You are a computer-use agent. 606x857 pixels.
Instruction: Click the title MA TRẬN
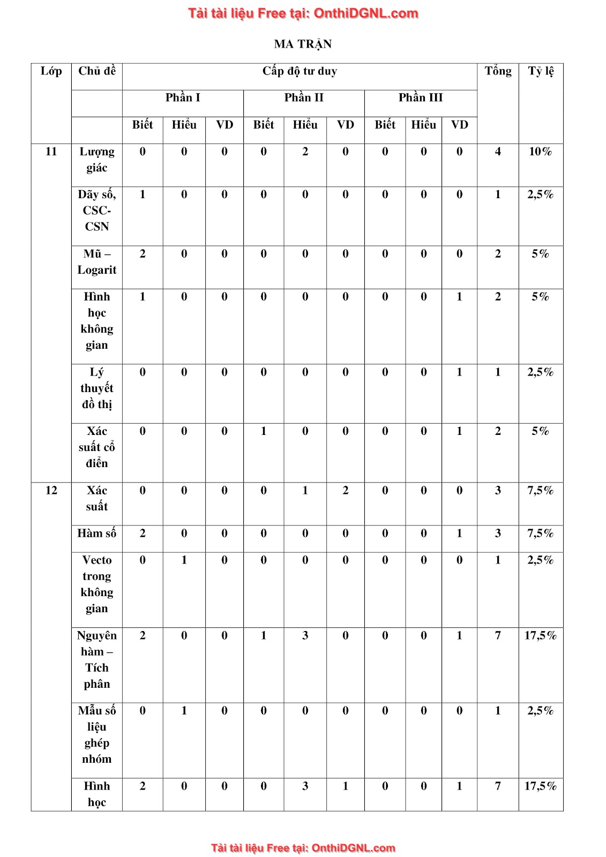(x=303, y=44)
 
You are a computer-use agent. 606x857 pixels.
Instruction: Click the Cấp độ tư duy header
(x=300, y=71)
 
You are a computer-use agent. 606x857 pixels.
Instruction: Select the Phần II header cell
(x=304, y=97)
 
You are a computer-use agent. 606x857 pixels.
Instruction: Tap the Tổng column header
(x=498, y=71)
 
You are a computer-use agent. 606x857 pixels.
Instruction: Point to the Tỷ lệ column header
(x=541, y=71)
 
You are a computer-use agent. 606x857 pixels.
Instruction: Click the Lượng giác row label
(x=97, y=160)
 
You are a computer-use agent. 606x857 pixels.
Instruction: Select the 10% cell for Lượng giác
(x=540, y=152)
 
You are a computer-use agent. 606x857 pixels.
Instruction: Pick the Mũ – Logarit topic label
(x=97, y=262)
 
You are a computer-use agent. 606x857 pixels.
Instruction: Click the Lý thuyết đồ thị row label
(x=97, y=388)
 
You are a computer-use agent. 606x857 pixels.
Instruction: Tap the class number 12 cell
(x=51, y=491)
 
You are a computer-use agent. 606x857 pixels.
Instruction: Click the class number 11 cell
(x=51, y=152)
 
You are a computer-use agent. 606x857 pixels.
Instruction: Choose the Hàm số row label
(x=97, y=533)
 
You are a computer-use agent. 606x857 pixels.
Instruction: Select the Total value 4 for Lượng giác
(x=498, y=152)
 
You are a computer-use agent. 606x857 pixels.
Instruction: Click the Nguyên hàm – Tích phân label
(x=97, y=659)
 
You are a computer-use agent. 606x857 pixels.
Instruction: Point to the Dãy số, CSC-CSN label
(x=97, y=211)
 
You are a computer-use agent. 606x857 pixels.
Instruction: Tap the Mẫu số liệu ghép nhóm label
(x=97, y=735)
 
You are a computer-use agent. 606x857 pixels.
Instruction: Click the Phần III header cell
(x=421, y=97)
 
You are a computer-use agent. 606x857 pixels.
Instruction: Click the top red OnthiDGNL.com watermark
(x=303, y=13)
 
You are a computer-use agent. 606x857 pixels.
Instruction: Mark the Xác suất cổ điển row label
(x=97, y=447)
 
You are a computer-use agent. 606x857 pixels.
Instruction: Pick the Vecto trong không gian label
(x=97, y=584)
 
